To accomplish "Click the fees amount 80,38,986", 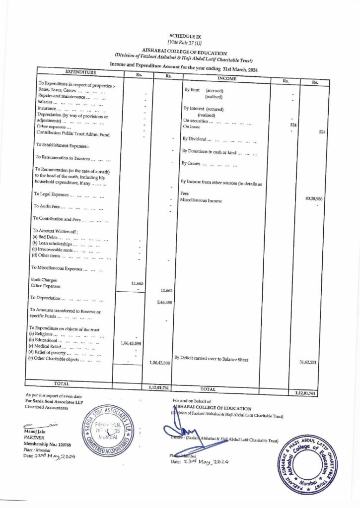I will pos(313,198).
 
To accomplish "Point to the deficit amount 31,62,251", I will pos(308,362).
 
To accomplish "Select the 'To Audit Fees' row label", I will pos(52,206).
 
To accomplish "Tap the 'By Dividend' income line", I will pos(218,138).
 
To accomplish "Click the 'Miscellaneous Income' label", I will pos(201,201).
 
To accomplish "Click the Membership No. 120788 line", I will pos(47,444).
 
